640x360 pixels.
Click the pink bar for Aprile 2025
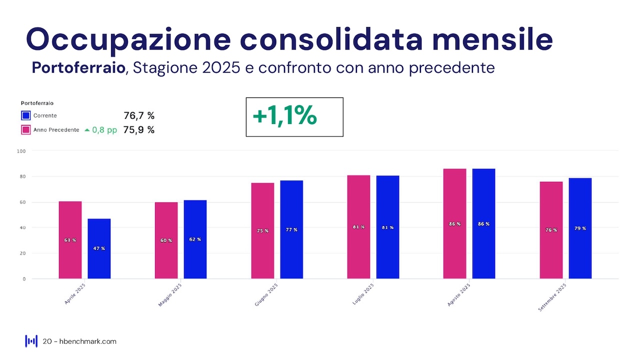tap(70, 240)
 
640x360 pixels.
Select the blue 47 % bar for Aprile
tap(99, 248)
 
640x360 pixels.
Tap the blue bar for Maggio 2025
tap(195, 239)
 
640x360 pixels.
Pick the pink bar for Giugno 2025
tap(262, 230)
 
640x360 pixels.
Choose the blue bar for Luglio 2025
tap(387, 227)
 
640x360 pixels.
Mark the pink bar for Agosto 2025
tap(454, 223)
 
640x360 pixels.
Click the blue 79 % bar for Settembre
tap(580, 228)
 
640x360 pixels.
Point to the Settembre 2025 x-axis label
tap(552, 297)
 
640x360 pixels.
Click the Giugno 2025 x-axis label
tap(266, 295)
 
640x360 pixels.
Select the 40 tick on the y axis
tap(22, 227)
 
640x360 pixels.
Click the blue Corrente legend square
tap(26, 115)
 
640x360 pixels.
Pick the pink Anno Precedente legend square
tap(26, 130)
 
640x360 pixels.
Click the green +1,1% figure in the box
tap(284, 116)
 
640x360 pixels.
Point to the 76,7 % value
tap(139, 116)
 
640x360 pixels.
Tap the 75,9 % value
tap(139, 130)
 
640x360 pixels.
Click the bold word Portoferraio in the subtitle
tap(78, 67)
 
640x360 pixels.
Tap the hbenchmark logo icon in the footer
tap(31, 341)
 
